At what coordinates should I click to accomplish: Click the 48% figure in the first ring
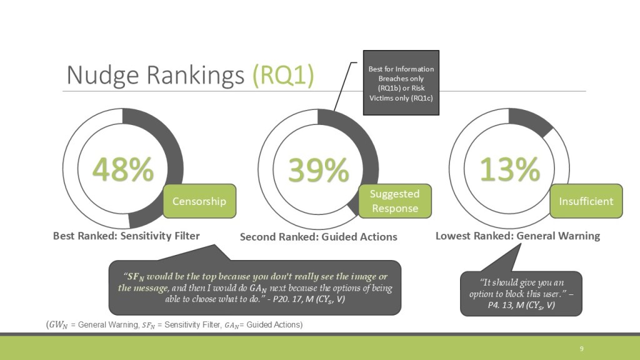[123, 169]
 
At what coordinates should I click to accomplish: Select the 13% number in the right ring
[510, 169]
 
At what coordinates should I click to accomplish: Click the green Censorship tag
[199, 201]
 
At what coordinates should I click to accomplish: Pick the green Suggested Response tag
[395, 201]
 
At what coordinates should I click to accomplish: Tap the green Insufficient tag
[586, 201]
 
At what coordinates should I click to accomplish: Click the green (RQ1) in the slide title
[283, 75]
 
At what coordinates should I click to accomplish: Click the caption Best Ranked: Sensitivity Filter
[126, 236]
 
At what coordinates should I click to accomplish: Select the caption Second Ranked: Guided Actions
[318, 237]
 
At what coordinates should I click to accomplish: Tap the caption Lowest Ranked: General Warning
[517, 236]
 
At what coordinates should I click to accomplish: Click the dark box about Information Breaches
[401, 83]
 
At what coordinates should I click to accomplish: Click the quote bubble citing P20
[255, 287]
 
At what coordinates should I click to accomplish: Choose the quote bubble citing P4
[521, 294]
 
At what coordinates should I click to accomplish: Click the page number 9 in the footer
[582, 349]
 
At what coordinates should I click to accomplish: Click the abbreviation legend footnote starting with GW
[174, 325]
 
